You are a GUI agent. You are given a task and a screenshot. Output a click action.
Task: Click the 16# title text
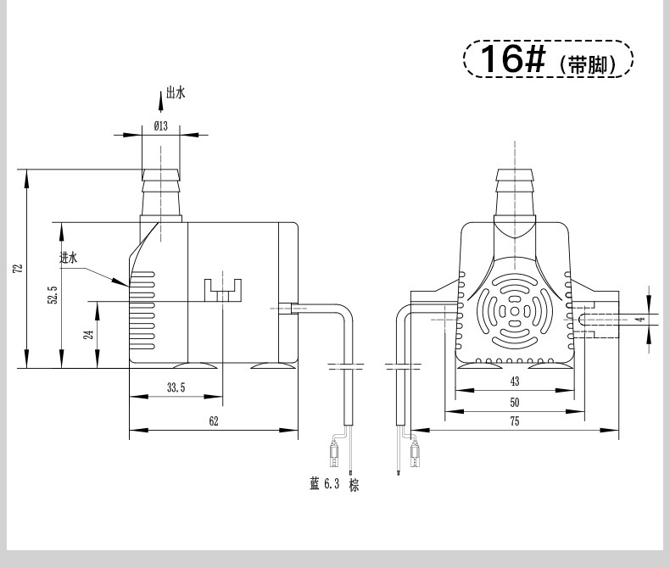(513, 58)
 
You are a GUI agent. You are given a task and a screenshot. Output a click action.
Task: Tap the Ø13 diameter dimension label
(161, 126)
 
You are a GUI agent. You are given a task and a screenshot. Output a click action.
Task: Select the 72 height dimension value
(18, 269)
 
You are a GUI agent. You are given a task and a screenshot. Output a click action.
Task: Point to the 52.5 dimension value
(53, 295)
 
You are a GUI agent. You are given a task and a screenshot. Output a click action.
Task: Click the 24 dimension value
(88, 334)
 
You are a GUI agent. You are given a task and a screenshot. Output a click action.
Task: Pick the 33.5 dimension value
(176, 387)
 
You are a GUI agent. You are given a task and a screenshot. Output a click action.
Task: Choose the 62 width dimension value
(214, 421)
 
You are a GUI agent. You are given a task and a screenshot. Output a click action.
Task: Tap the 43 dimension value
(515, 381)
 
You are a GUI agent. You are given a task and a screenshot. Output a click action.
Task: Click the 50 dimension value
(515, 402)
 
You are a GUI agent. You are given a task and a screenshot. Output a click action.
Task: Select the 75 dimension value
(515, 421)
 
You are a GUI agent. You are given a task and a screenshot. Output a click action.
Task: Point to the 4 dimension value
(639, 320)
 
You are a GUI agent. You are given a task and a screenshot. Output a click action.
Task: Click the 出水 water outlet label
(176, 92)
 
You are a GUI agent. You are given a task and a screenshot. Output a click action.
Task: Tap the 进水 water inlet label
(69, 258)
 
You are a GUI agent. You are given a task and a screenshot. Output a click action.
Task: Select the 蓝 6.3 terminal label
(324, 484)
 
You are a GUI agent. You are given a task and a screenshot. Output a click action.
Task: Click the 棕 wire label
(355, 485)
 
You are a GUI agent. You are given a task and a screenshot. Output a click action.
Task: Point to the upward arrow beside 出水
(160, 102)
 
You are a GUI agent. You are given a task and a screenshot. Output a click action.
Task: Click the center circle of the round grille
(515, 311)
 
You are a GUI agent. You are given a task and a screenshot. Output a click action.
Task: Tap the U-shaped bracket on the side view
(222, 291)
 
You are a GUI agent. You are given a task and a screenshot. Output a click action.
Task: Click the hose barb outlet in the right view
(515, 192)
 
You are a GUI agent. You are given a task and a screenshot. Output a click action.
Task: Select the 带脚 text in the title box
(588, 65)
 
